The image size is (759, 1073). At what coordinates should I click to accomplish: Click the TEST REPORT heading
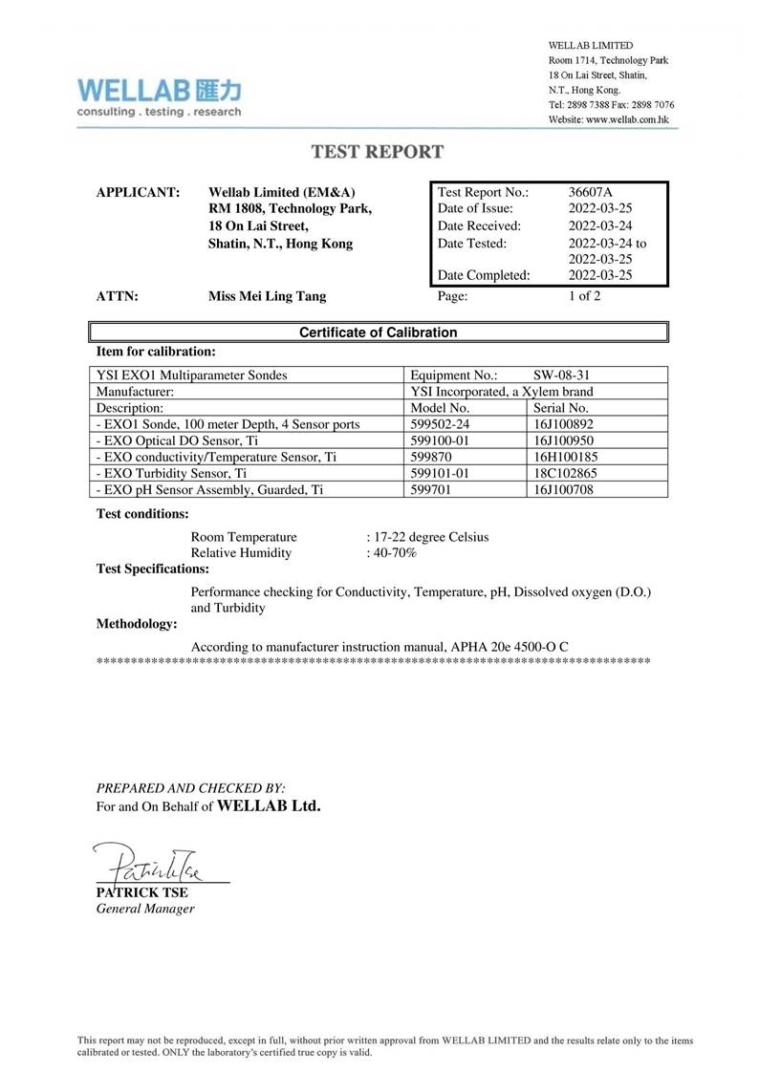(379, 151)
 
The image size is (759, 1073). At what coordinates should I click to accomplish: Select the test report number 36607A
(590, 191)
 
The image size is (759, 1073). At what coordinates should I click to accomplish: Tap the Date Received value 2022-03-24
(600, 225)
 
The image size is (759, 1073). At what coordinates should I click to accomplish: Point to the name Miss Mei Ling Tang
(267, 296)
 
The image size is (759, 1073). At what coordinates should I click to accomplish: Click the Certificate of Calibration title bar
(379, 333)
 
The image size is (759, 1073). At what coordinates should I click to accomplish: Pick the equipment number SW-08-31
(567, 375)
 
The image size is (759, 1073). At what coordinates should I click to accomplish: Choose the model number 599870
(431, 456)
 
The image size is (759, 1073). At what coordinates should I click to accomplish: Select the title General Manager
(145, 908)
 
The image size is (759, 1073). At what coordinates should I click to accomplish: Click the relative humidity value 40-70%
(395, 552)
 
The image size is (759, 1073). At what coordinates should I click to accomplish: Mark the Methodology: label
(138, 624)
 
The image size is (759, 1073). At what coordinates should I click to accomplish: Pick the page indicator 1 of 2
(584, 296)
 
